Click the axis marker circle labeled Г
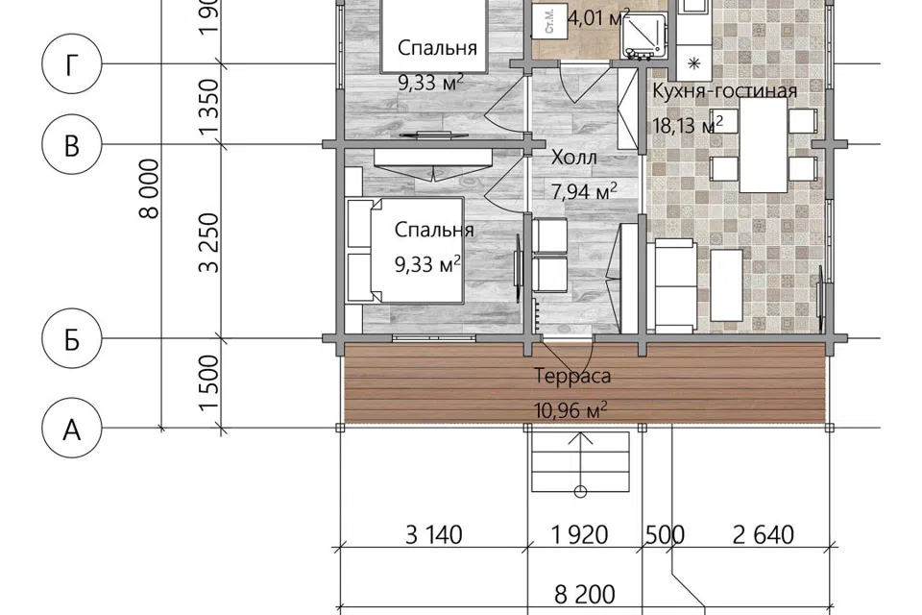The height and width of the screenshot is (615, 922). pyautogui.click(x=72, y=64)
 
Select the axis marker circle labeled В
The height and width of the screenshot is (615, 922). pyautogui.click(x=72, y=144)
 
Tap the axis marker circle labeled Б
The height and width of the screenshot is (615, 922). pyautogui.click(x=72, y=339)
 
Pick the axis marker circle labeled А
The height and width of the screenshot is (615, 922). pyautogui.click(x=72, y=429)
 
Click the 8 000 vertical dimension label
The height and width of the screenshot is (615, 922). pyautogui.click(x=150, y=188)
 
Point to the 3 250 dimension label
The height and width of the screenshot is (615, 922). pyautogui.click(x=209, y=242)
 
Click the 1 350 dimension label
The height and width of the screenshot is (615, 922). pyautogui.click(x=209, y=107)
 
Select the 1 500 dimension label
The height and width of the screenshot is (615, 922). pyautogui.click(x=209, y=382)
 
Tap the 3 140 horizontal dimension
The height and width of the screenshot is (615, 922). pyautogui.click(x=434, y=535)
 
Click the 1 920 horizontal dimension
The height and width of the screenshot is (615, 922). pyautogui.click(x=579, y=535)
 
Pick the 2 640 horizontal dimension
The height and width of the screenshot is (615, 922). pyautogui.click(x=764, y=535)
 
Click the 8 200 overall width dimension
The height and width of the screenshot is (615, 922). pyautogui.click(x=585, y=595)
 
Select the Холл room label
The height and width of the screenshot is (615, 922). pyautogui.click(x=574, y=158)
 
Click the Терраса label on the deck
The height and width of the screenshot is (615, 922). pyautogui.click(x=572, y=376)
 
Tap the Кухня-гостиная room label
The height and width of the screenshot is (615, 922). pyautogui.click(x=725, y=91)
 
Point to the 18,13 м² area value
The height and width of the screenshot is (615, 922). pyautogui.click(x=688, y=125)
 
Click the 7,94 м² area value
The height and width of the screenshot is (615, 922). pyautogui.click(x=584, y=190)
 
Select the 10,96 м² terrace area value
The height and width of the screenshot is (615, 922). pyautogui.click(x=570, y=409)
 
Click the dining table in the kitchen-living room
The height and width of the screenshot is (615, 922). pyautogui.click(x=764, y=145)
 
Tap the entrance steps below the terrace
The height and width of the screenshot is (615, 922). pyautogui.click(x=580, y=462)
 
